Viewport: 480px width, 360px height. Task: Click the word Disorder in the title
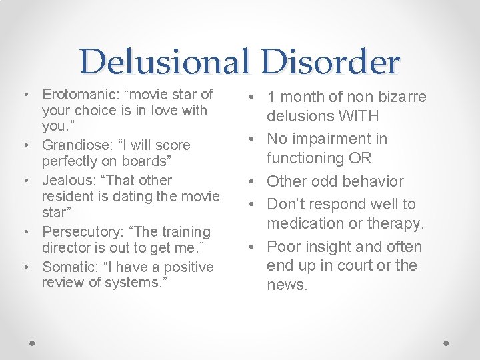pyautogui.click(x=331, y=62)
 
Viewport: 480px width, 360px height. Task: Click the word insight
pyautogui.click(x=326, y=247)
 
